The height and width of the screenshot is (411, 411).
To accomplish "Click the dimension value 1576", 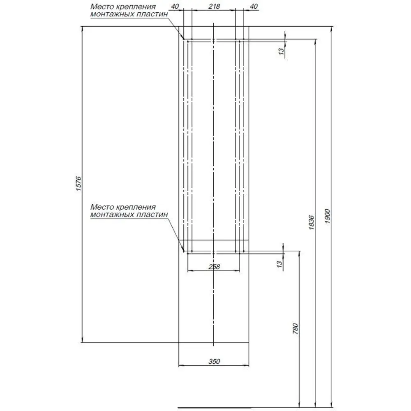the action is pyautogui.click(x=79, y=183).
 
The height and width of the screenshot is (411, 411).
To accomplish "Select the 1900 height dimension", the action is pyautogui.click(x=328, y=216).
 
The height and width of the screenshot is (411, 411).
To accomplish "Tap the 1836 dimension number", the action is pyautogui.click(x=312, y=222).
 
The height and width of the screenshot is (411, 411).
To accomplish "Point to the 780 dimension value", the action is pyautogui.click(x=296, y=329).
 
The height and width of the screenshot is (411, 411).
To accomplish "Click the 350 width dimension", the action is pyautogui.click(x=214, y=361).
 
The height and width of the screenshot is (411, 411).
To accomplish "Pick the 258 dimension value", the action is pyautogui.click(x=214, y=267).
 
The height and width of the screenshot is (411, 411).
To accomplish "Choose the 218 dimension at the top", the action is pyautogui.click(x=214, y=6).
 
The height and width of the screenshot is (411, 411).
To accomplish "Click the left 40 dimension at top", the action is pyautogui.click(x=175, y=6).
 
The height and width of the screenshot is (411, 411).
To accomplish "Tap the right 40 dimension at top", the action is pyautogui.click(x=254, y=6).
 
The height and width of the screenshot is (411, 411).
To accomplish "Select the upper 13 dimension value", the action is pyautogui.click(x=281, y=51).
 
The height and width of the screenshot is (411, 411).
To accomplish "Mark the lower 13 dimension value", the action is pyautogui.click(x=279, y=264).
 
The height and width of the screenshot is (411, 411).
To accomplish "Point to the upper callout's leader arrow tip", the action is pyautogui.click(x=184, y=39).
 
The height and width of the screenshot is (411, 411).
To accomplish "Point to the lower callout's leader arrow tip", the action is pyautogui.click(x=184, y=252).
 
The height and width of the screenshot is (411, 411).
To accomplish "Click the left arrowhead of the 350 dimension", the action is pyautogui.click(x=181, y=366).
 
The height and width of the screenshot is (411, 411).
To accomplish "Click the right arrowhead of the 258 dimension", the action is pyautogui.click(x=238, y=270).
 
